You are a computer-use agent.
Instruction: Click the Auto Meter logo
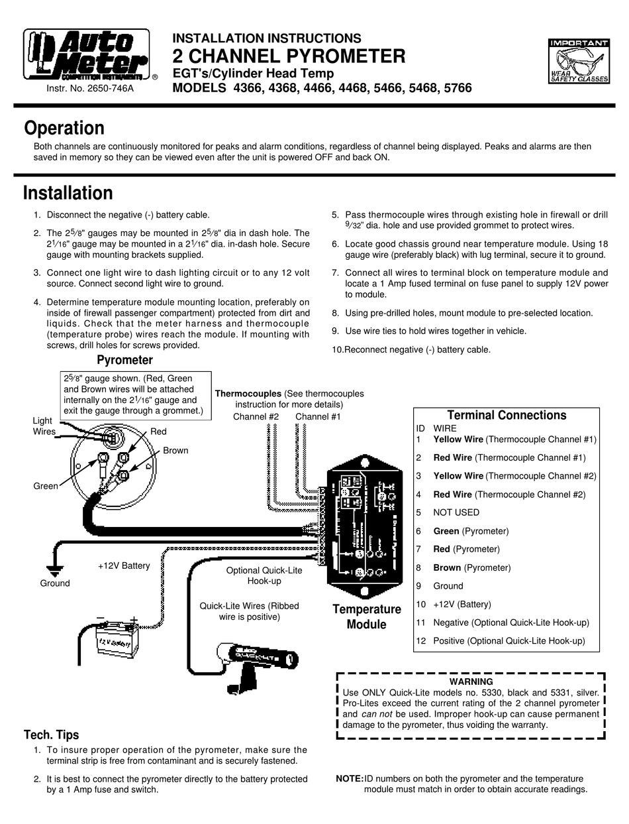pos(87,56)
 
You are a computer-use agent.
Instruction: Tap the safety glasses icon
pos(579,61)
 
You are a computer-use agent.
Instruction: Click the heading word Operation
pos(64,128)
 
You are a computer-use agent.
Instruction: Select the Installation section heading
pos(68,193)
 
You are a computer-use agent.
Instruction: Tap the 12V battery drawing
pos(117,638)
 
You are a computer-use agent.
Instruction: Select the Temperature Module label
pos(366,617)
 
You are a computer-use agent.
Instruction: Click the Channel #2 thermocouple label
pos(256,416)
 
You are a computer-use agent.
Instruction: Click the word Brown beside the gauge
pos(175,450)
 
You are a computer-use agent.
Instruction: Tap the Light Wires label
pos(44,426)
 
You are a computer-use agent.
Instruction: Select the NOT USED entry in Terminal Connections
pos(456,512)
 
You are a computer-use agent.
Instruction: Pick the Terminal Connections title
pos(507,415)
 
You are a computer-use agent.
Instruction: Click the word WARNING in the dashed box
pos(471,681)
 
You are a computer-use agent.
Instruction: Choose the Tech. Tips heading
pos(51,735)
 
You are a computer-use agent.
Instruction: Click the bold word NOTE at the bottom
pos(349,779)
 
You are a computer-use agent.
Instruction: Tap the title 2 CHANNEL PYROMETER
pos(289,56)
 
